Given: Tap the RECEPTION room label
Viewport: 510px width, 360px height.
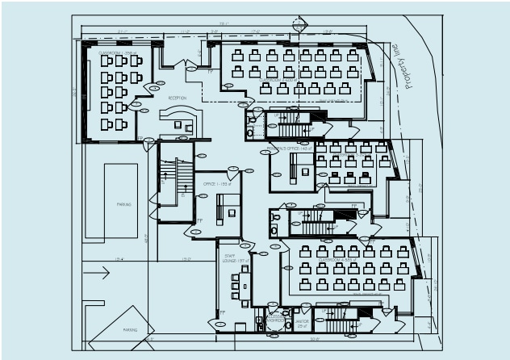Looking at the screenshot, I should [177, 98].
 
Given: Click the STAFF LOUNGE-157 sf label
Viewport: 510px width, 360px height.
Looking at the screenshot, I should [230, 257].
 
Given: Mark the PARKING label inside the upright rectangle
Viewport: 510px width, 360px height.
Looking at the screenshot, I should [123, 204].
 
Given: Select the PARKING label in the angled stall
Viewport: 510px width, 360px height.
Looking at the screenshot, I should [129, 330].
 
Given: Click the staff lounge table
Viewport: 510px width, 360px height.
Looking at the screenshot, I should [245, 283].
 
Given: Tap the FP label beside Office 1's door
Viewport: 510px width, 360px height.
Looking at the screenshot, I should [199, 220].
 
